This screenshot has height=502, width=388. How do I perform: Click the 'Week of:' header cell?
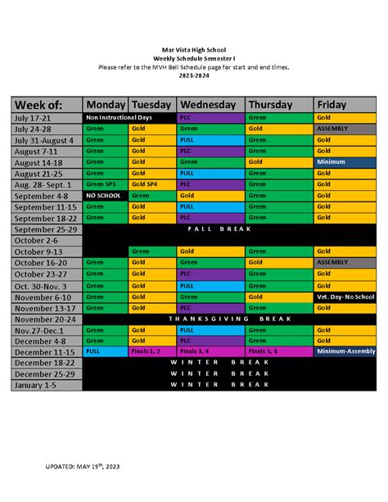pyautogui.click(x=47, y=105)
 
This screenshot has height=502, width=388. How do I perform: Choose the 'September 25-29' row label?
pyautogui.click(x=47, y=230)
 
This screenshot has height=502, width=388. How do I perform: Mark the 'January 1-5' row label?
pyautogui.click(x=47, y=384)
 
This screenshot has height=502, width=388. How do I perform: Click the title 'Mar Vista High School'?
pyautogui.click(x=193, y=50)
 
